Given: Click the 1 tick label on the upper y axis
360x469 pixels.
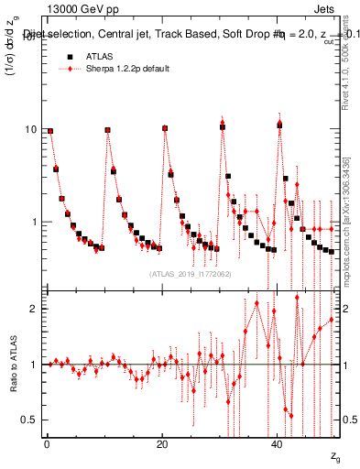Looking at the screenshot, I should (x=34, y=222).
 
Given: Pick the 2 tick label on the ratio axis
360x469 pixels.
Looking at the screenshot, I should (x=34, y=309).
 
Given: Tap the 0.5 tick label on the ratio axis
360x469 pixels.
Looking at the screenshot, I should (x=30, y=420).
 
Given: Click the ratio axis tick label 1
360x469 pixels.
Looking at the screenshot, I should (x=34, y=365).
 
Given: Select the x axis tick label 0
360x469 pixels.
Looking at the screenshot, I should (x=47, y=445).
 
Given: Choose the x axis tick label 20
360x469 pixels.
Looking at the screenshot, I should (x=162, y=445).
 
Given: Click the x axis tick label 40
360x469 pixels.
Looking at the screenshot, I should (x=278, y=445).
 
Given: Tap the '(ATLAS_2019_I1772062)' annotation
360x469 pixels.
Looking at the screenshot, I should (x=190, y=273).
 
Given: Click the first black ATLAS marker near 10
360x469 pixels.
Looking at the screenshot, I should (x=50, y=130).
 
